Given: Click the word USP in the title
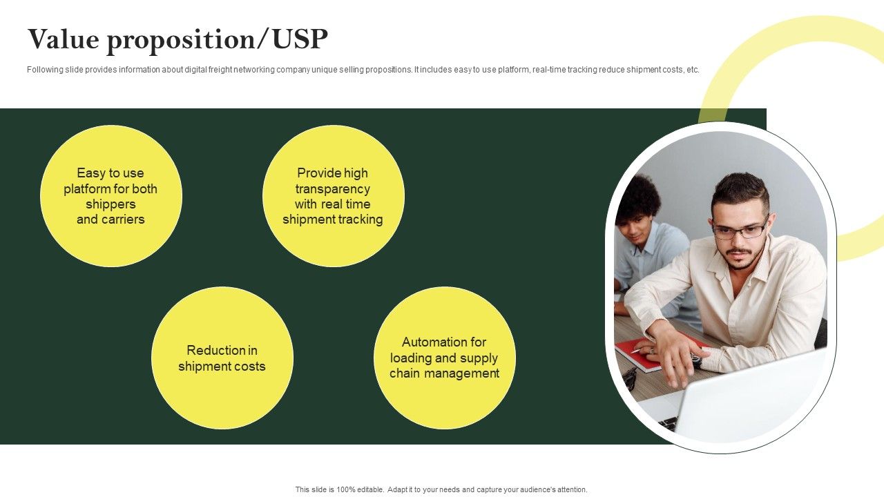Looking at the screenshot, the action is coord(300,39).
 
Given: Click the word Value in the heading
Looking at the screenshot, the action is coord(63,39).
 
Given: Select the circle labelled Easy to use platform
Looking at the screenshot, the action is coord(111,196).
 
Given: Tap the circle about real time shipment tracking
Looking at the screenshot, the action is coord(334,196).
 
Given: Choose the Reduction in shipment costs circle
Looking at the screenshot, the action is coord(222,358).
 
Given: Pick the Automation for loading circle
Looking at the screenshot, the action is coord(445,358).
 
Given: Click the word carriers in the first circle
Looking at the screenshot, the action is coord(123,220).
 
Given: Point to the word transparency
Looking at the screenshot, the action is coord(333,189).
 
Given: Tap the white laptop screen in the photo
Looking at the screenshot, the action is coord(750,398).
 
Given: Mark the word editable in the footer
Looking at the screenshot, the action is coord(371,489).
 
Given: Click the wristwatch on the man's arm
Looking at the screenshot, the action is coord(695,360).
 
